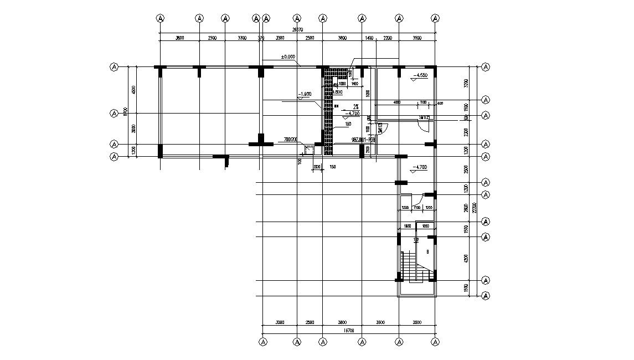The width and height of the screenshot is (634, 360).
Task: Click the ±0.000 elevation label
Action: [x=288, y=57]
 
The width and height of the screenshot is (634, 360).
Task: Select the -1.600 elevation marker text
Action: [x=305, y=95]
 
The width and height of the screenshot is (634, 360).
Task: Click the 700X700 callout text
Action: [x=291, y=139]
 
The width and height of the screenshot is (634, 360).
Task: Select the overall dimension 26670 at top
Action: [x=297, y=30]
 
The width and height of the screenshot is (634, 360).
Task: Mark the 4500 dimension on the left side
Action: [x=133, y=90]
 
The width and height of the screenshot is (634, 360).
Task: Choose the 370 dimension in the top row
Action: [x=261, y=38]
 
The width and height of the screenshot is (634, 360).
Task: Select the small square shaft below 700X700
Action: [x=308, y=150]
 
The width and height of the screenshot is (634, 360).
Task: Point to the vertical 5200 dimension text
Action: [x=368, y=94]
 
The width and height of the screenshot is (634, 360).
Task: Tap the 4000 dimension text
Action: [x=396, y=102]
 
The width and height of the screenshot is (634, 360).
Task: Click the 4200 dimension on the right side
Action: [x=467, y=259]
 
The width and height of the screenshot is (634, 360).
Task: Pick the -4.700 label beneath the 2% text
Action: [x=352, y=113]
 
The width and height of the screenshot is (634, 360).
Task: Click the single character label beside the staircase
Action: [x=427, y=251]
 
